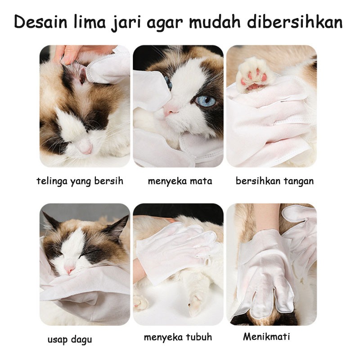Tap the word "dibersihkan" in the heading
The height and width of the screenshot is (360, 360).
(295, 22)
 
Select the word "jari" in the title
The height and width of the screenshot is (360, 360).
(126, 22)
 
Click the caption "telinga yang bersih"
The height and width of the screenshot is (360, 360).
(80, 181)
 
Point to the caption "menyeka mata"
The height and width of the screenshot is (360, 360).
(180, 181)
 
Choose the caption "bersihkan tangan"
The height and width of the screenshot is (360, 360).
(274, 181)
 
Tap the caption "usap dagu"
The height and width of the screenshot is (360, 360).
(70, 340)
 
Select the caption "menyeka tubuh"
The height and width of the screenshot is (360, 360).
(178, 337)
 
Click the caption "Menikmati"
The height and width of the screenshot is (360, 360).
(266, 337)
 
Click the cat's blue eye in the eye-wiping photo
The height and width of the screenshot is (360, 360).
(206, 100)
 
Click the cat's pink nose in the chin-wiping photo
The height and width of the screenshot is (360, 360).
(69, 269)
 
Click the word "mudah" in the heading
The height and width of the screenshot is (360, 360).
(215, 22)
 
